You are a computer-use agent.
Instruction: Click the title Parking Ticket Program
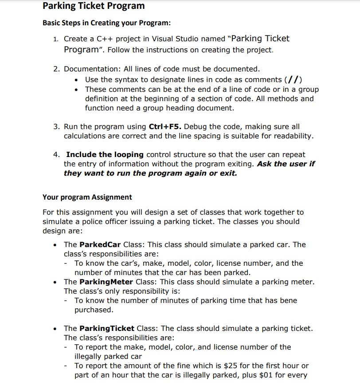tap(94, 6)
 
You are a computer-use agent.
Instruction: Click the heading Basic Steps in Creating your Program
tap(106, 23)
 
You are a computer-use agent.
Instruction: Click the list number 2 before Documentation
tap(56, 69)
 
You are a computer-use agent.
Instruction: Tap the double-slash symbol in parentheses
tap(293, 80)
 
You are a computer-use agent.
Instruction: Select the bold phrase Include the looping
tap(105, 155)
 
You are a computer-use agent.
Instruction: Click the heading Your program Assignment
tap(87, 197)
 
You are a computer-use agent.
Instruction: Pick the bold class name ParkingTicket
tap(106, 329)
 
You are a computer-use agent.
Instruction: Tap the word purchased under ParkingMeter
tap(94, 310)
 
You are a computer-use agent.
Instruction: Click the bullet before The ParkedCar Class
tap(55, 245)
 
